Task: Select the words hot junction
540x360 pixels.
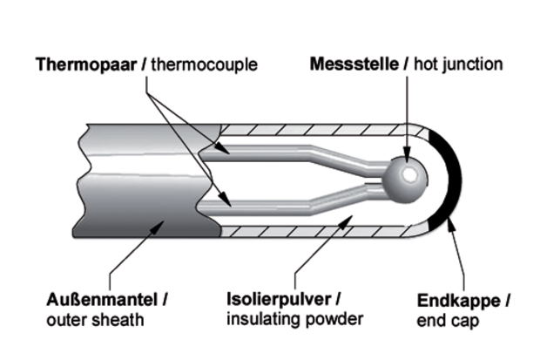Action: (x=458, y=65)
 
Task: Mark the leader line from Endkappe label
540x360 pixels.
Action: (x=459, y=262)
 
